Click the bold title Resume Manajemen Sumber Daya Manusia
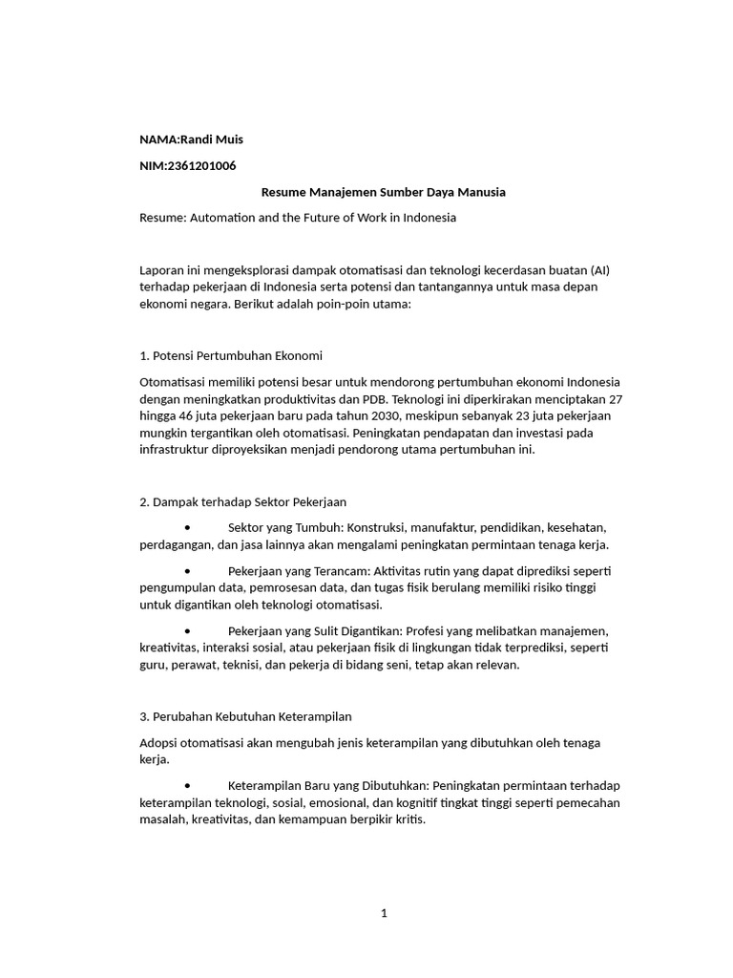coord(384,192)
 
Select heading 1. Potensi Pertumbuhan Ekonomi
coord(230,356)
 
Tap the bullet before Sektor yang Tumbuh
coord(188,527)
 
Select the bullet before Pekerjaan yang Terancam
coord(188,570)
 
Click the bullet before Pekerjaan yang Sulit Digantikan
coord(188,631)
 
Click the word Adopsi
coord(159,742)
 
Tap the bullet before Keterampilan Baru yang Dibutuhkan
coord(188,785)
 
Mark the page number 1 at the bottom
coord(384,913)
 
